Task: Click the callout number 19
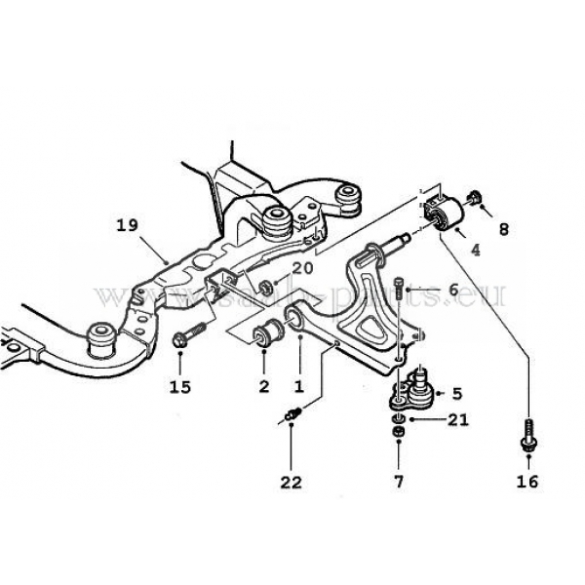[x=126, y=226]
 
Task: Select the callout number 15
[x=179, y=386]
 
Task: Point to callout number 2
[x=263, y=386]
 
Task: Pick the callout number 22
[x=292, y=482]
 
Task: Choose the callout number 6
[x=451, y=290]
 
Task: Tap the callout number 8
[x=503, y=230]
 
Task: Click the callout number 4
[x=475, y=250]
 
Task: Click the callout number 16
[x=526, y=481]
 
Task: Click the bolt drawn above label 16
[x=526, y=434]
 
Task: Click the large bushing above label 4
[x=448, y=214]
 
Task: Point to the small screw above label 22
[x=292, y=417]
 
